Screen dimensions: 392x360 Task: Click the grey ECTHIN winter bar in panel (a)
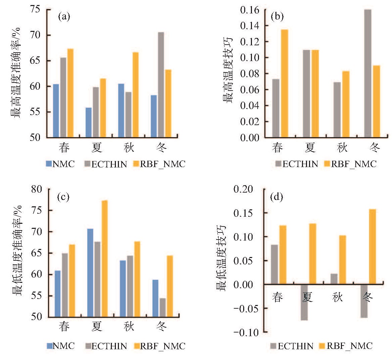click(x=161, y=85)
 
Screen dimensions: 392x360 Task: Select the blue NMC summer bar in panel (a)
click(x=88, y=122)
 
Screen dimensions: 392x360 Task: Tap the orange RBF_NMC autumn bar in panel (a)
click(x=135, y=95)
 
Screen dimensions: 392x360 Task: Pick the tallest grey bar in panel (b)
click(x=368, y=73)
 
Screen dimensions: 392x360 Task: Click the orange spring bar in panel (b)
click(x=285, y=84)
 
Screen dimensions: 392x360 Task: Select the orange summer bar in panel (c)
click(x=104, y=259)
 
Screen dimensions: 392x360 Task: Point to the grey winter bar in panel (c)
click(x=163, y=308)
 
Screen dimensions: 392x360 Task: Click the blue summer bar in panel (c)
click(x=90, y=273)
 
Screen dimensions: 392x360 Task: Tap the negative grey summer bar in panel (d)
click(x=304, y=302)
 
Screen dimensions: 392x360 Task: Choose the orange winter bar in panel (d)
click(x=373, y=247)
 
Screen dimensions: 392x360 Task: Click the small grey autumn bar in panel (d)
click(x=334, y=279)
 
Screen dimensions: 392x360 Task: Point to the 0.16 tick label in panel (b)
click(x=249, y=10)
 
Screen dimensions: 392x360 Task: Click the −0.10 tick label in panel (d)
click(x=243, y=332)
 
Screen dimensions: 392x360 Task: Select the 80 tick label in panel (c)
click(x=37, y=189)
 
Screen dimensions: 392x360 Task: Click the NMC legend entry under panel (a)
click(x=60, y=164)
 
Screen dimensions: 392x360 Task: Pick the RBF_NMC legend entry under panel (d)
click(x=346, y=346)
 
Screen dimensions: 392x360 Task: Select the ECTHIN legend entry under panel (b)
click(x=297, y=164)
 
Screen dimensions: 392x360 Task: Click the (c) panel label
click(x=63, y=197)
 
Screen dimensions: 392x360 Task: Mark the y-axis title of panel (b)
click(x=227, y=70)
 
